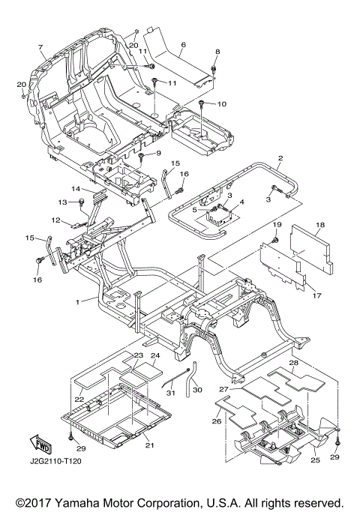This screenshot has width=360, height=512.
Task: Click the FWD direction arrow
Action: [40, 445]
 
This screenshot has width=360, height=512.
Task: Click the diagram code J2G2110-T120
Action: [55, 461]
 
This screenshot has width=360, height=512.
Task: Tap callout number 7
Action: [40, 47]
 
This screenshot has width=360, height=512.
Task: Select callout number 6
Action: [183, 44]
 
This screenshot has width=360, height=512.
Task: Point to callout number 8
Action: [217, 52]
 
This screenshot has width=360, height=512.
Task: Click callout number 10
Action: [222, 104]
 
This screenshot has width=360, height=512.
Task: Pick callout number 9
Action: [158, 153]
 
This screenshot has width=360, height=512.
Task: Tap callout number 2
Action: [280, 158]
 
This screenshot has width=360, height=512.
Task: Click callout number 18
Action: [320, 225]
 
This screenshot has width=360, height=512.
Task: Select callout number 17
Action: [317, 295]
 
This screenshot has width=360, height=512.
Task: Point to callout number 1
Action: [77, 302]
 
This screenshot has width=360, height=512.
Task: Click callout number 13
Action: [63, 202]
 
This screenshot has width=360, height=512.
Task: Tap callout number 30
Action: [198, 390]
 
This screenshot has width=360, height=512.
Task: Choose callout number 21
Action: [149, 445]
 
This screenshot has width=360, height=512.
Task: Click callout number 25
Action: [316, 461]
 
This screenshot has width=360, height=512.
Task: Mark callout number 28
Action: [294, 363]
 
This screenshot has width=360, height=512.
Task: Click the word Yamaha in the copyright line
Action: [76, 503]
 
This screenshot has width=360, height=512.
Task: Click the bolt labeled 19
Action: [275, 241]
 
